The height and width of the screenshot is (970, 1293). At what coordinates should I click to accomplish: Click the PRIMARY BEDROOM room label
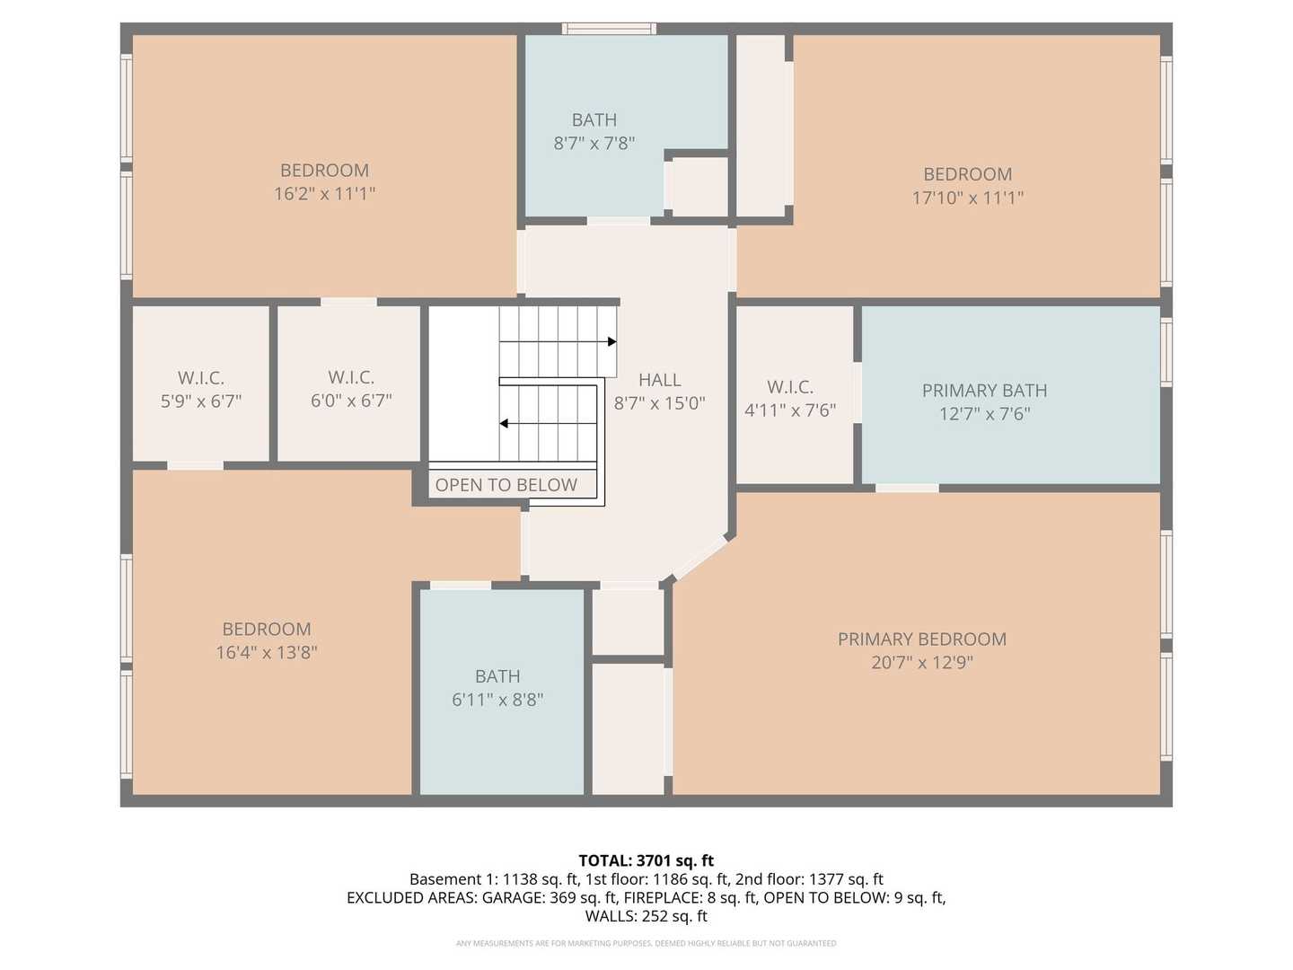(x=922, y=639)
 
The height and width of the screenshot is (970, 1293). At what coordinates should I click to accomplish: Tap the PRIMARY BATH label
(x=984, y=390)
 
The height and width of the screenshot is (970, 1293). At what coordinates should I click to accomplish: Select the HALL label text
(x=659, y=380)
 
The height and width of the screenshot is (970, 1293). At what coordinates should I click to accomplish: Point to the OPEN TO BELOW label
(x=506, y=485)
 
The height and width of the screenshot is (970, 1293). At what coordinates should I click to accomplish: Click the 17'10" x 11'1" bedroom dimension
(x=968, y=198)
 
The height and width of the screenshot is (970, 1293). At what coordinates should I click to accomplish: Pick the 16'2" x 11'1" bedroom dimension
(x=324, y=194)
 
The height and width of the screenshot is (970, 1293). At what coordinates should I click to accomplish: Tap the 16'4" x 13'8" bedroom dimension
(x=267, y=653)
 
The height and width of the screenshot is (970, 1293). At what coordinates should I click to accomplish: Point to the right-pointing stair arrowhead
(x=612, y=341)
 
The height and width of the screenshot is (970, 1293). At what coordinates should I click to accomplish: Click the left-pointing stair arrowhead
(x=504, y=423)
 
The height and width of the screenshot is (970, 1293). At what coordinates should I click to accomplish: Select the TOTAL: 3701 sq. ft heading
(x=646, y=860)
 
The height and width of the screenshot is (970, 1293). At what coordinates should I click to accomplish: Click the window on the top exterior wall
(x=609, y=28)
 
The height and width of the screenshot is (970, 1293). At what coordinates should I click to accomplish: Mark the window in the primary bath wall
(x=1166, y=352)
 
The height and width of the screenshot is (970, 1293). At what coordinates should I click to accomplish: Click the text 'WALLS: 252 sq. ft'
(x=646, y=916)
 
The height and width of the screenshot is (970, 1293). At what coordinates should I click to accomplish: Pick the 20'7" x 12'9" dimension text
(x=922, y=663)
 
